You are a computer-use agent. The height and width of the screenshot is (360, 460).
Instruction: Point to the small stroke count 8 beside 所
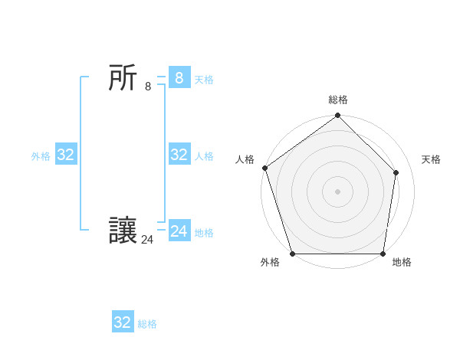[x=148, y=87]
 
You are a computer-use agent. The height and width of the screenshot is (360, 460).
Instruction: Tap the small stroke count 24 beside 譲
[x=147, y=240]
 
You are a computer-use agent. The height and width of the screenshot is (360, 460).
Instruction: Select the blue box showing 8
[x=179, y=77]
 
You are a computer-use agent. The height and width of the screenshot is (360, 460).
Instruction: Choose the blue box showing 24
[x=179, y=231]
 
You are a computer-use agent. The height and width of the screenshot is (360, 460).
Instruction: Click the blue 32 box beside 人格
[x=179, y=155]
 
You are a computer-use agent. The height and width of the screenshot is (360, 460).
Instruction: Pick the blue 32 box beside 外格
[x=66, y=155]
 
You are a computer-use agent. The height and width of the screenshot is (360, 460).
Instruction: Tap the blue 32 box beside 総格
[x=123, y=322]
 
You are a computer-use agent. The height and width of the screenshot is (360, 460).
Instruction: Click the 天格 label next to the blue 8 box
[x=204, y=80]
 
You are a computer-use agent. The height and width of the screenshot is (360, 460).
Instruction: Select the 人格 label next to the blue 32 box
[x=204, y=156]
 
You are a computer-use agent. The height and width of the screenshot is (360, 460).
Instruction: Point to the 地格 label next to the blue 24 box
[x=204, y=233]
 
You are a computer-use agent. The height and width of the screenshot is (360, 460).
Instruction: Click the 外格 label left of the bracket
[x=41, y=156]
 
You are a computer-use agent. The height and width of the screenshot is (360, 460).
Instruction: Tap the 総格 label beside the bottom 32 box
[x=147, y=324]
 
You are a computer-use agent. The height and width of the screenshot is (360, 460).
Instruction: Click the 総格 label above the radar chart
[x=338, y=100]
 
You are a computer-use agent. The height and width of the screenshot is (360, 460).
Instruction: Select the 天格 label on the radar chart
[x=431, y=159]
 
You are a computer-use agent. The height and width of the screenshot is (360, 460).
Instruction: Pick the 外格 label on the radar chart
[x=270, y=262]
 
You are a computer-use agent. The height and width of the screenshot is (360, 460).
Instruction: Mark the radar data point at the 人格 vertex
[x=264, y=168]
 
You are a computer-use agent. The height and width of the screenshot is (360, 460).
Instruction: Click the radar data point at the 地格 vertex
[x=383, y=253]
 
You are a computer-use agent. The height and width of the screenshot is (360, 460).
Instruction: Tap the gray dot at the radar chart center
[x=337, y=191]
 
